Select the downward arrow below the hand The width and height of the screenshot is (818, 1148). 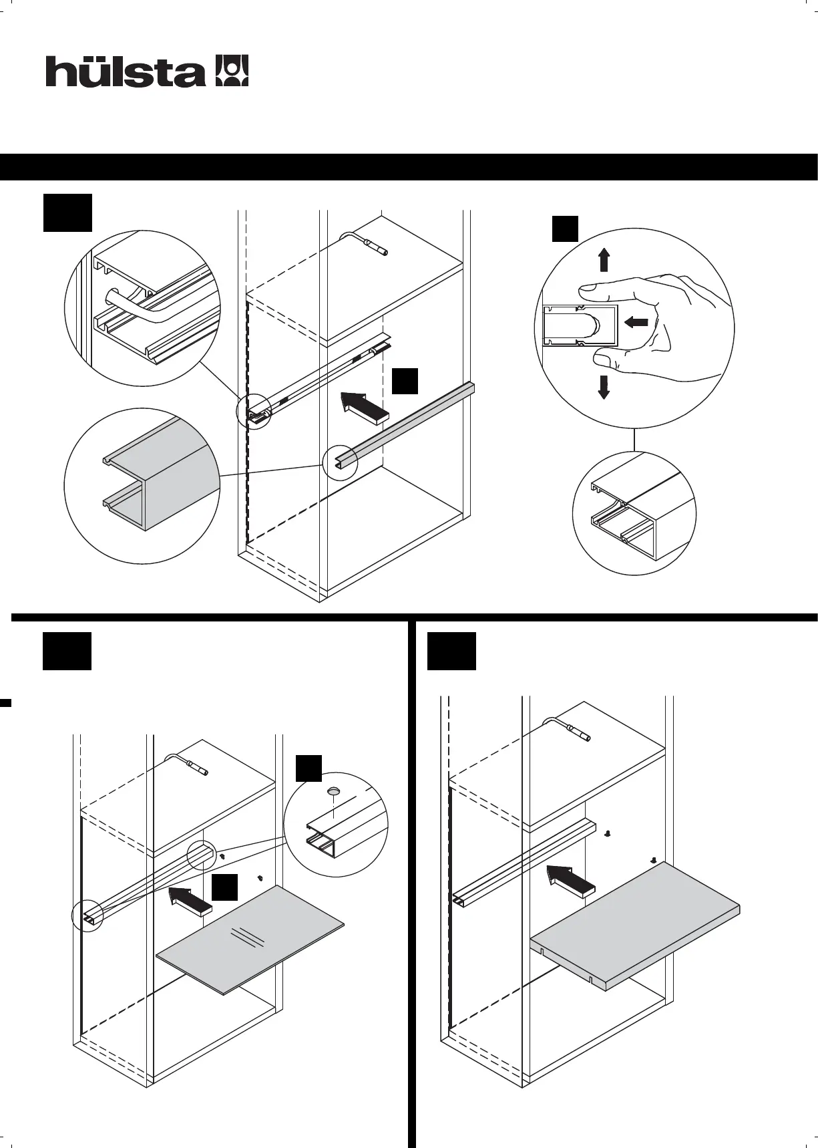604,387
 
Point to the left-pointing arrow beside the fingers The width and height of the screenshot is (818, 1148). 638,323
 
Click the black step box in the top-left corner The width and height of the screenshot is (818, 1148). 67,212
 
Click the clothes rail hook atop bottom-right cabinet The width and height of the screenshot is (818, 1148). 568,727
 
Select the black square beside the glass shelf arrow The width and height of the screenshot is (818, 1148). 224,887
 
